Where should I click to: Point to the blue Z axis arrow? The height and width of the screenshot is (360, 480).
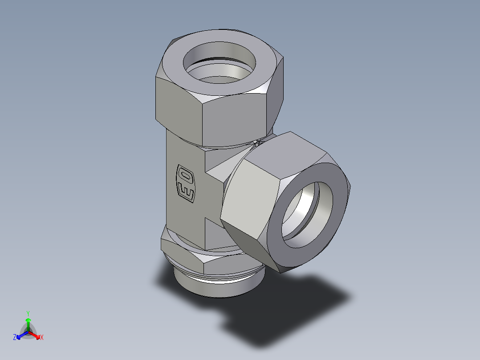point(20,335)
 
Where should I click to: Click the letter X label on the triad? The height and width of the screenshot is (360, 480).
point(42,338)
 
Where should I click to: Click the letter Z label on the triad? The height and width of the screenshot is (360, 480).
point(15,338)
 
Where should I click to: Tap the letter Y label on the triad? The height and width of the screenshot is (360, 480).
point(28,313)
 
